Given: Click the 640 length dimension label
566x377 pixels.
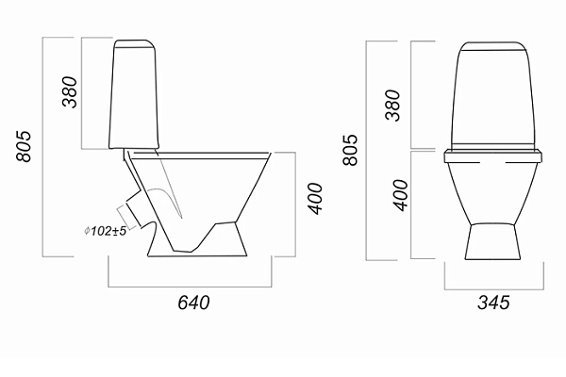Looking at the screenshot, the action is coord(193,303).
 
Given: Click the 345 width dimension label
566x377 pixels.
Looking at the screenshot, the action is coord(493,303).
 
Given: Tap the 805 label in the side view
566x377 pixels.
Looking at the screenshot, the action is coord(24,146).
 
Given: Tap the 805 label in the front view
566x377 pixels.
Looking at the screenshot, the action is coord(349,150).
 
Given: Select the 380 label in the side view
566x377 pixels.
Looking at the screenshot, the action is coord(70,92).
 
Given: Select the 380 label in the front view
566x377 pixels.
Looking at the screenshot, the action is coord(392,105).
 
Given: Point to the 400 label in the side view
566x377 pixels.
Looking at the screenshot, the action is coord(314,199).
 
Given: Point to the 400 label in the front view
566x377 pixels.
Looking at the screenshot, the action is coord(400,195).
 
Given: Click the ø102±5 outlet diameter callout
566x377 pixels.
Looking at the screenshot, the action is coord(105,231).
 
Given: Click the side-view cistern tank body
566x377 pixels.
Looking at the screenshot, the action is coord(134,98).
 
